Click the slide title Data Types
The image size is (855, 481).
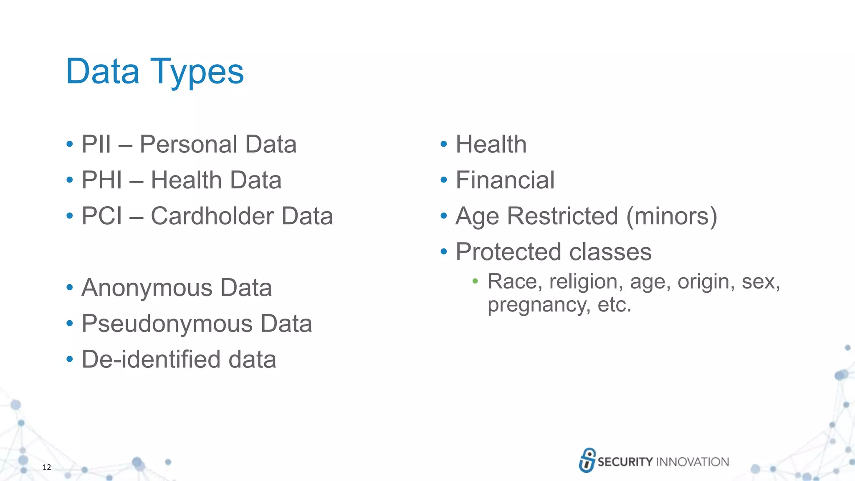154,72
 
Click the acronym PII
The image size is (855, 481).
96,144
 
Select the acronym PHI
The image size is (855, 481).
102,180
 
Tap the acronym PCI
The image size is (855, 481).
102,216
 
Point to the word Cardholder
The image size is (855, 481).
212,216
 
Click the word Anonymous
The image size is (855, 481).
147,288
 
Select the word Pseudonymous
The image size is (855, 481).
167,324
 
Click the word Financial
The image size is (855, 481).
505,180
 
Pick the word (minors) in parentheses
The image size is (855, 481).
672,216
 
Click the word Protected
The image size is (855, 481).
508,252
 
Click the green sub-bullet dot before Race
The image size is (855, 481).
475,281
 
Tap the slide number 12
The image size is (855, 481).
47,467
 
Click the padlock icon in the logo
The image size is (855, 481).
587,460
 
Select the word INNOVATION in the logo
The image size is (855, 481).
693,462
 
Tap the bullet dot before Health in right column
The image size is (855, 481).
444,144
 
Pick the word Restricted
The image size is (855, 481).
562,216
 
